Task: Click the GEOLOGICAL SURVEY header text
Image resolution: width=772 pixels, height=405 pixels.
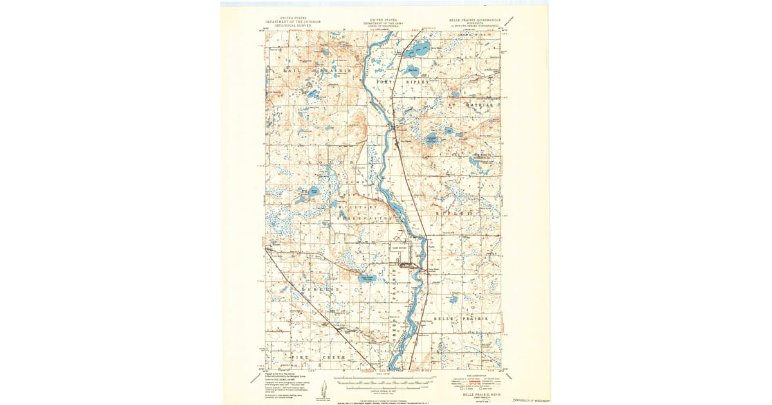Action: pos(293,25)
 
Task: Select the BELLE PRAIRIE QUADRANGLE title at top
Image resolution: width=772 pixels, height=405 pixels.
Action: pos(475,20)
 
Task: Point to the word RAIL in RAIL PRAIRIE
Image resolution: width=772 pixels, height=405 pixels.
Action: pos(289,69)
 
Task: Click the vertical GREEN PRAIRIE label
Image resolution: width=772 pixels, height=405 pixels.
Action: pos(394,309)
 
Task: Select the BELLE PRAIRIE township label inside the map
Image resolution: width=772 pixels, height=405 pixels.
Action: pos(464,319)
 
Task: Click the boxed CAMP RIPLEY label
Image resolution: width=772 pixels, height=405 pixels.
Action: pos(399,246)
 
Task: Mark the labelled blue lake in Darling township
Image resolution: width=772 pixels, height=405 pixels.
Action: pos(367,278)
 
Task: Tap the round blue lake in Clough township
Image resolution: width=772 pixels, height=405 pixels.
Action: pos(313,191)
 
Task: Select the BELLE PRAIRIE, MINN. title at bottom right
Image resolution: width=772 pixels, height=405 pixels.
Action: pos(477,394)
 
